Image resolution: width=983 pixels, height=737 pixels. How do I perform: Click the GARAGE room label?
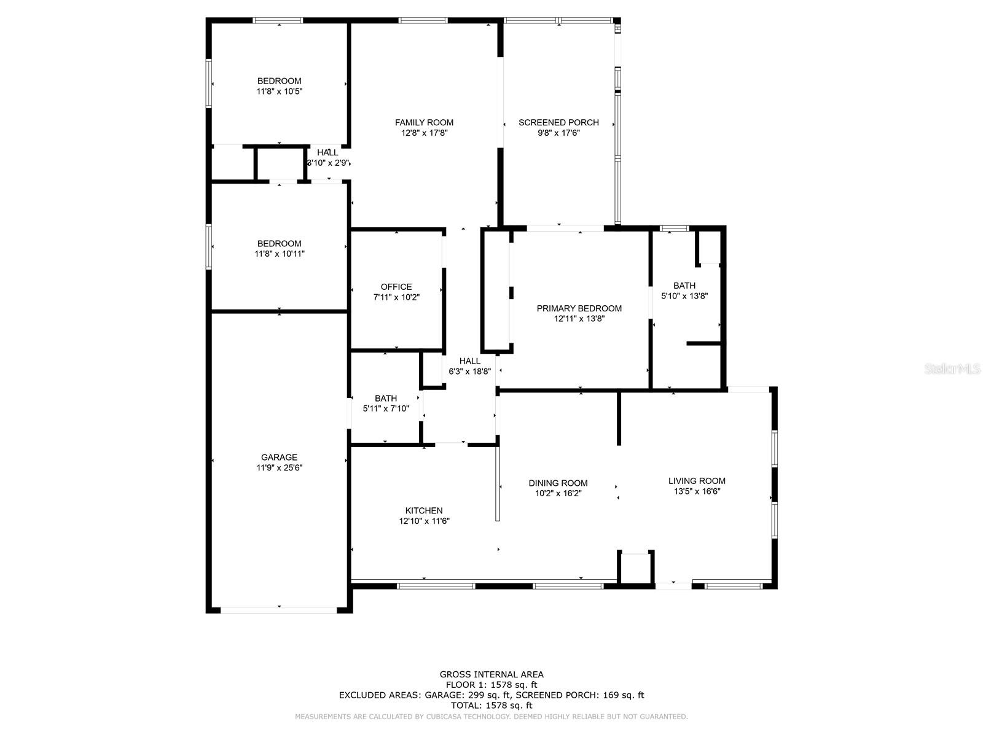click(279, 457)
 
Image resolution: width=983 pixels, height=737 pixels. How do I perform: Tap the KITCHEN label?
click(423, 510)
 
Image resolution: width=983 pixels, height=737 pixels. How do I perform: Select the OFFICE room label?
click(396, 287)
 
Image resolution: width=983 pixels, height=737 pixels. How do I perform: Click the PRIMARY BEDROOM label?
click(579, 308)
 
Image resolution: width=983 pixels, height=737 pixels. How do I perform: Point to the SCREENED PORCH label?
click(558, 122)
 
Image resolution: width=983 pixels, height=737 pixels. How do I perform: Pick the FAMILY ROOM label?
click(424, 122)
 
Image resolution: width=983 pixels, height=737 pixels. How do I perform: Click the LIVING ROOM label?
click(697, 481)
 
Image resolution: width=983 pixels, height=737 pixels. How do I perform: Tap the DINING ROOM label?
click(558, 483)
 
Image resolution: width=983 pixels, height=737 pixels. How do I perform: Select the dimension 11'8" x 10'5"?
click(280, 92)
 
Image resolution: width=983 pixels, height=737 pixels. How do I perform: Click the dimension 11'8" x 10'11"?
click(280, 254)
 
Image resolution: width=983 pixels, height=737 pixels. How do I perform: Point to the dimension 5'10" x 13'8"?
click(684, 296)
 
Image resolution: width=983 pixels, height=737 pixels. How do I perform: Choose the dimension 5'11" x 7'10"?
click(386, 408)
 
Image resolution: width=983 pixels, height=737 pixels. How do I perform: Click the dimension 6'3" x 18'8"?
click(469, 372)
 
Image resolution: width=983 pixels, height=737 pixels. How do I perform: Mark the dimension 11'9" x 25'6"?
click(279, 468)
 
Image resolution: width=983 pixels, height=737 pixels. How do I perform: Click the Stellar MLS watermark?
click(952, 368)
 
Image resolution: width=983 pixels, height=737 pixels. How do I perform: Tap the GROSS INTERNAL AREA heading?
click(491, 674)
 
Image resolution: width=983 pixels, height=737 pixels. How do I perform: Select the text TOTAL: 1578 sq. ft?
click(491, 706)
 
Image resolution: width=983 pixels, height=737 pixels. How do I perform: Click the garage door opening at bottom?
click(279, 610)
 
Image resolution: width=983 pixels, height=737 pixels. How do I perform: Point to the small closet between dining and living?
click(635, 567)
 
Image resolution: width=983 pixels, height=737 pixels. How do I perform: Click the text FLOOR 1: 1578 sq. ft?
click(491, 685)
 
